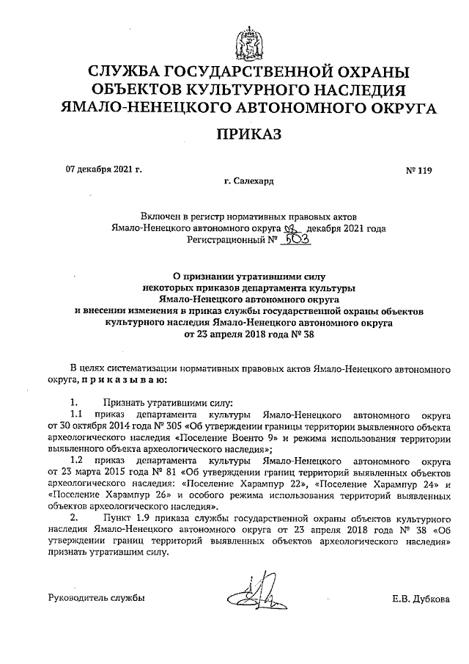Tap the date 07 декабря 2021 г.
click(103, 169)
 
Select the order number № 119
click(419, 172)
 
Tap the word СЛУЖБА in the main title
click(127, 73)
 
